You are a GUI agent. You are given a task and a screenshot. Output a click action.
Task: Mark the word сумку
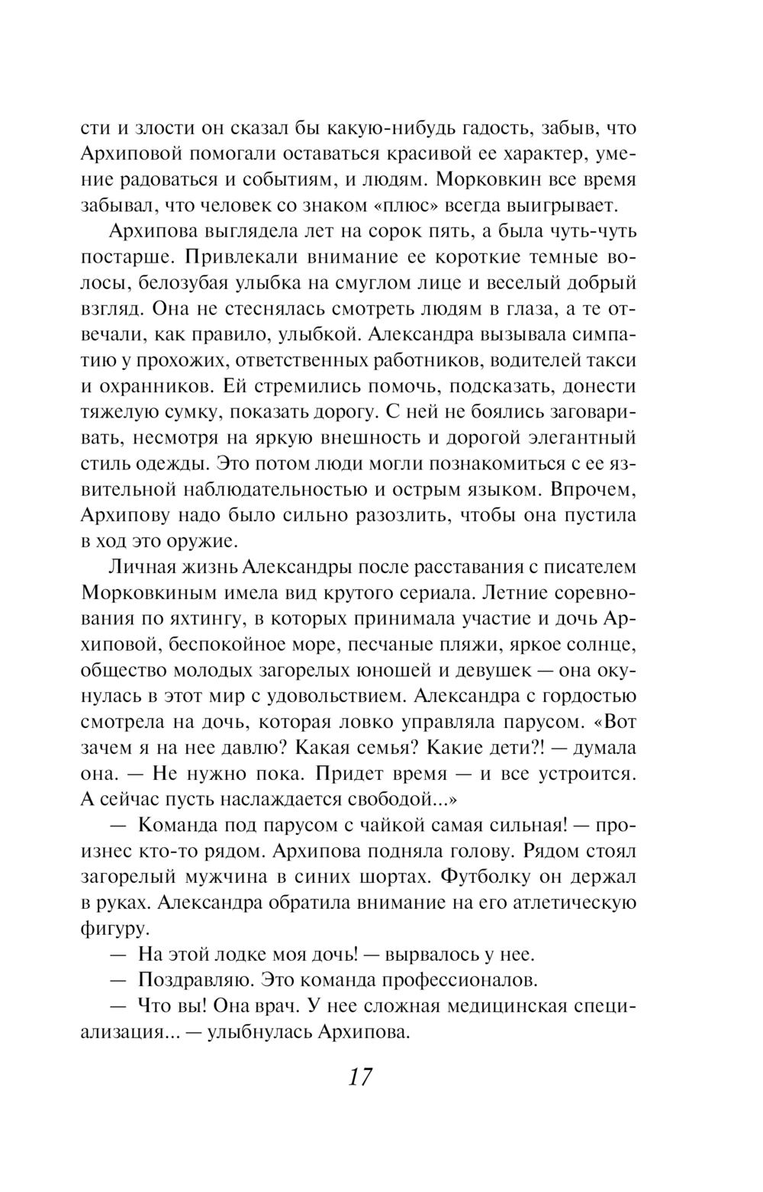(204, 413)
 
